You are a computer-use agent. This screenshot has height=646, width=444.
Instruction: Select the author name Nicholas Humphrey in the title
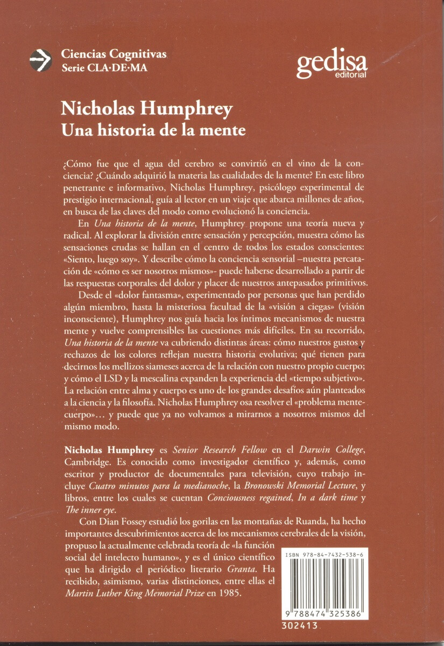tap(147, 109)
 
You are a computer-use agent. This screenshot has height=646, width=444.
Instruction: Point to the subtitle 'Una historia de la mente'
tap(154, 130)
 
